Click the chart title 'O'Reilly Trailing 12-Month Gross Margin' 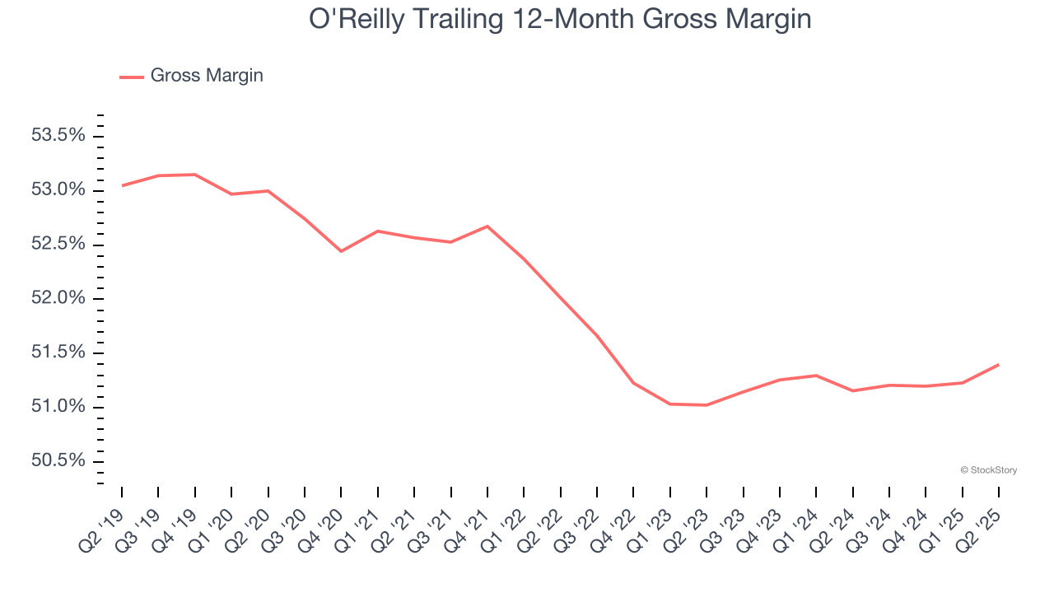point(560,20)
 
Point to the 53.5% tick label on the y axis point(58,135)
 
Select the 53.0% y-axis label point(58,189)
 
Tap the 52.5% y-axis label point(58,244)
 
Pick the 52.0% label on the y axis point(58,298)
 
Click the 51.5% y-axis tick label point(58,353)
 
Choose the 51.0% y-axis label point(58,407)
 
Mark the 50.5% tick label point(58,460)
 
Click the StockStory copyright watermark point(989,470)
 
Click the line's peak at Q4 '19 point(195,175)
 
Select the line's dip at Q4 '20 point(341,251)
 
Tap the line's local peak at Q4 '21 point(487,226)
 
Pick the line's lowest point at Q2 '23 point(707,405)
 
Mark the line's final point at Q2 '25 point(998,364)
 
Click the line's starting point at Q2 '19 point(122,185)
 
